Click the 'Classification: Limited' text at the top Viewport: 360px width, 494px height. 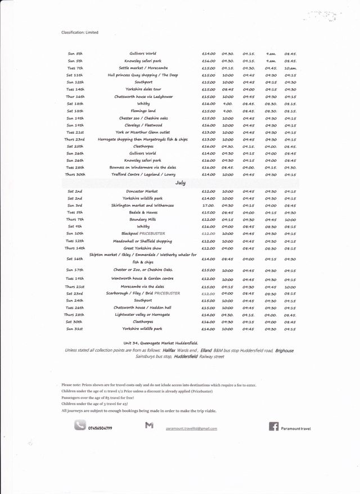(x=79, y=33)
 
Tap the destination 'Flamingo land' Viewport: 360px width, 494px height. (x=143, y=111)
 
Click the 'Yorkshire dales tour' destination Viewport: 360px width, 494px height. (x=143, y=89)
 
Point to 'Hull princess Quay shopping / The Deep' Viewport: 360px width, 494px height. (x=143, y=75)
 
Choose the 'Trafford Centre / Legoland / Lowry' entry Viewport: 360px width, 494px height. (x=143, y=174)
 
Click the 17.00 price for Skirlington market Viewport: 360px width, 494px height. (x=208, y=205)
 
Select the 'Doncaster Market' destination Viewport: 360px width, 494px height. (x=143, y=191)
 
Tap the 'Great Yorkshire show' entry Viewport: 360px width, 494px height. (x=143, y=248)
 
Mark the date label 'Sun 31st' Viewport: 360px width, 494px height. (x=75, y=328)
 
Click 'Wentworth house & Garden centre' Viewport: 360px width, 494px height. (x=143, y=279)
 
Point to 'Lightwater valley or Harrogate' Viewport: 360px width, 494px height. (x=143, y=315)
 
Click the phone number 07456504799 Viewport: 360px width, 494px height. (x=101, y=428)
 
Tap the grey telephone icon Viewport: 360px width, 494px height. (x=80, y=426)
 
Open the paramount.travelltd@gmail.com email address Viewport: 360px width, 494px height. (x=191, y=428)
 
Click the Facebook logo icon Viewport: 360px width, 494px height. (x=273, y=427)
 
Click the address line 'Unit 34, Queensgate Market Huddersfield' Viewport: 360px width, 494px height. (x=160, y=342)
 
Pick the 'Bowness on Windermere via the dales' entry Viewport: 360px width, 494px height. (x=143, y=167)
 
